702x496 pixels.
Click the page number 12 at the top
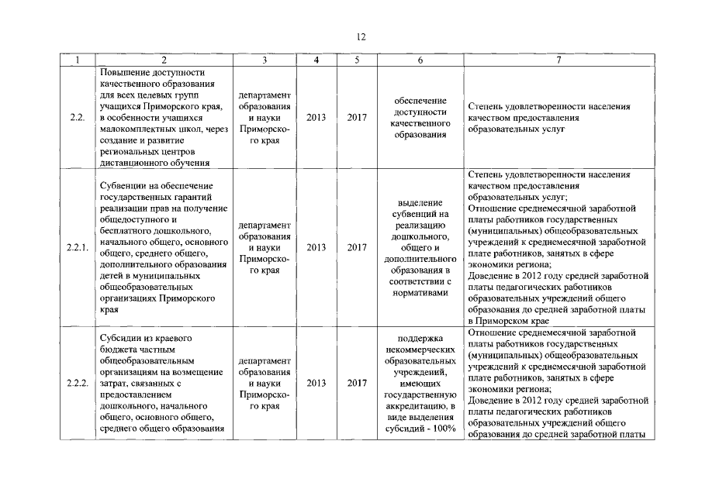[361, 36]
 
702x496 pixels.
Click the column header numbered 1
[76, 60]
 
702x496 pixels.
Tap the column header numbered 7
[558, 60]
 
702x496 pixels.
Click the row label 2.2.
[76, 117]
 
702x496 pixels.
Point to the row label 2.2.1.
[77, 248]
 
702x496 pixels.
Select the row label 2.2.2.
[77, 383]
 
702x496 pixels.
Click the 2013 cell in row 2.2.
[316, 117]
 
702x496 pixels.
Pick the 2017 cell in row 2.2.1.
[357, 248]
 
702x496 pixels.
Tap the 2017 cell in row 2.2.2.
[357, 383]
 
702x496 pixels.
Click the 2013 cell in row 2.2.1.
[316, 248]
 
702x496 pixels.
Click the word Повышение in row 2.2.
[125, 72]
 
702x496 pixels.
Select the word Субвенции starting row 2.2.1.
[124, 186]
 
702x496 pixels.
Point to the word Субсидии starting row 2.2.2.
[122, 339]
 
